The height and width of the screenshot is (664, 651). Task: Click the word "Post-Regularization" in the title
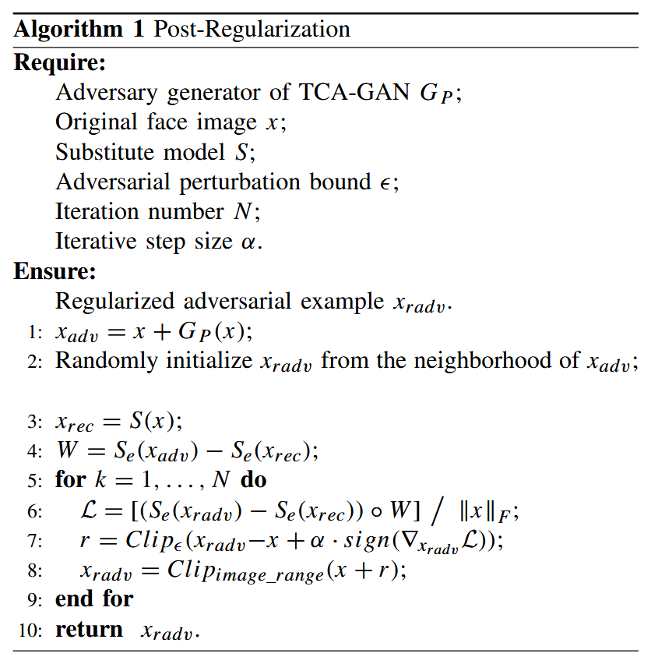click(252, 30)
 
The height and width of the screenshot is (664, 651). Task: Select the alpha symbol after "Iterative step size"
click(248, 242)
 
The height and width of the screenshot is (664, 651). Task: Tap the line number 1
click(33, 332)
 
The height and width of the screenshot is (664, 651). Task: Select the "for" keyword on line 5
click(70, 479)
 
